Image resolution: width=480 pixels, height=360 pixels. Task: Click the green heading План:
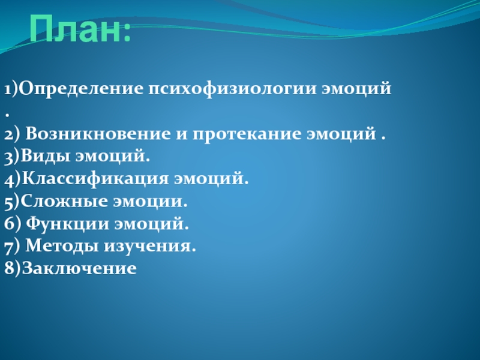pyautogui.click(x=80, y=29)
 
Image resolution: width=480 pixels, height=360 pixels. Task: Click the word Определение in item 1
pyautogui.click(x=82, y=89)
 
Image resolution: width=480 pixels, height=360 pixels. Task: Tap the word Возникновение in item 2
pyautogui.click(x=97, y=133)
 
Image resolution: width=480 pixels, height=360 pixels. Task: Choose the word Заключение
pyautogui.click(x=79, y=268)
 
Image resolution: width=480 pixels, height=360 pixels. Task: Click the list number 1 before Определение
pyautogui.click(x=8, y=89)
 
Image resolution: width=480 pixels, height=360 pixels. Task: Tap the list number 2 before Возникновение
pyautogui.click(x=9, y=134)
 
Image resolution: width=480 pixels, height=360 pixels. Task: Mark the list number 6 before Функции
pyautogui.click(x=9, y=223)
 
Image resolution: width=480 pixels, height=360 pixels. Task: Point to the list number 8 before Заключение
pyautogui.click(x=9, y=268)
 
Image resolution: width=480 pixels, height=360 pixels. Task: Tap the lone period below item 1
pyautogui.click(x=7, y=115)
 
